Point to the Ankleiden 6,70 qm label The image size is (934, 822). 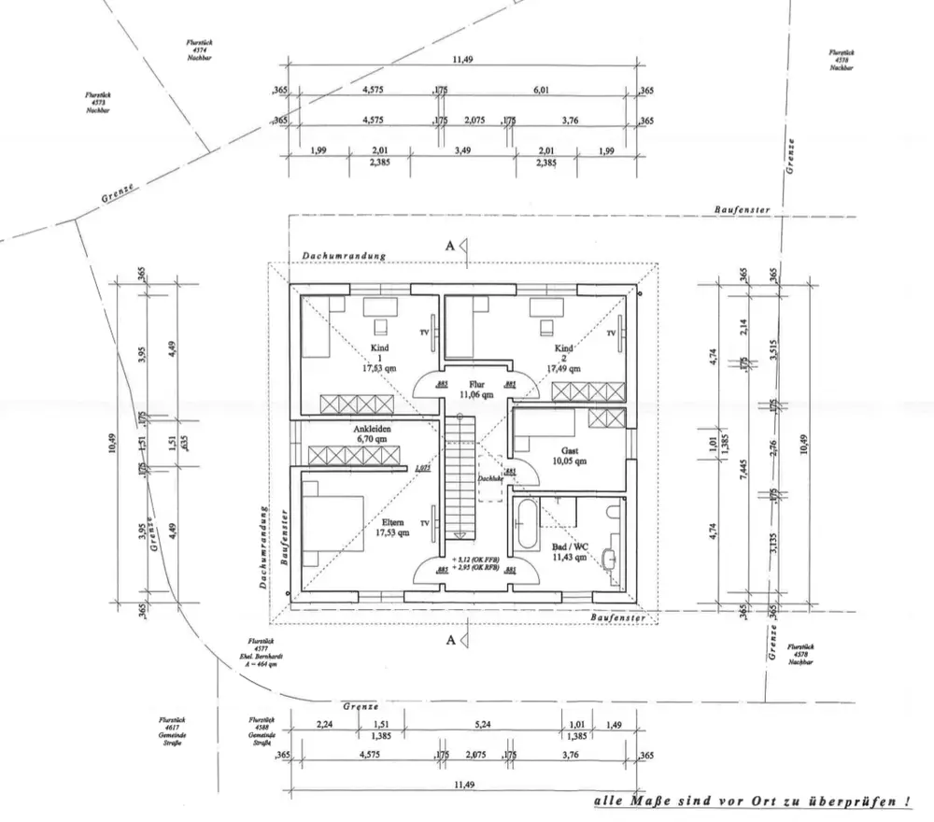[x=371, y=432]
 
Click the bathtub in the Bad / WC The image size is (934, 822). [x=525, y=527]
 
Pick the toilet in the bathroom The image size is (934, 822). [x=611, y=512]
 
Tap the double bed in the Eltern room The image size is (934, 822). [x=333, y=509]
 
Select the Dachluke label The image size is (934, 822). [x=490, y=478]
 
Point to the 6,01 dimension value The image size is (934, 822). [x=543, y=90]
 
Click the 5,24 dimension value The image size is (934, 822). [x=483, y=726]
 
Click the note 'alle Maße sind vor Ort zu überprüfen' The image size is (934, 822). [x=753, y=802]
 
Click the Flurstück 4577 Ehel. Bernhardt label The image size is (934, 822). [x=261, y=654]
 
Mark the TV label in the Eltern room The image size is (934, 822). [x=425, y=523]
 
